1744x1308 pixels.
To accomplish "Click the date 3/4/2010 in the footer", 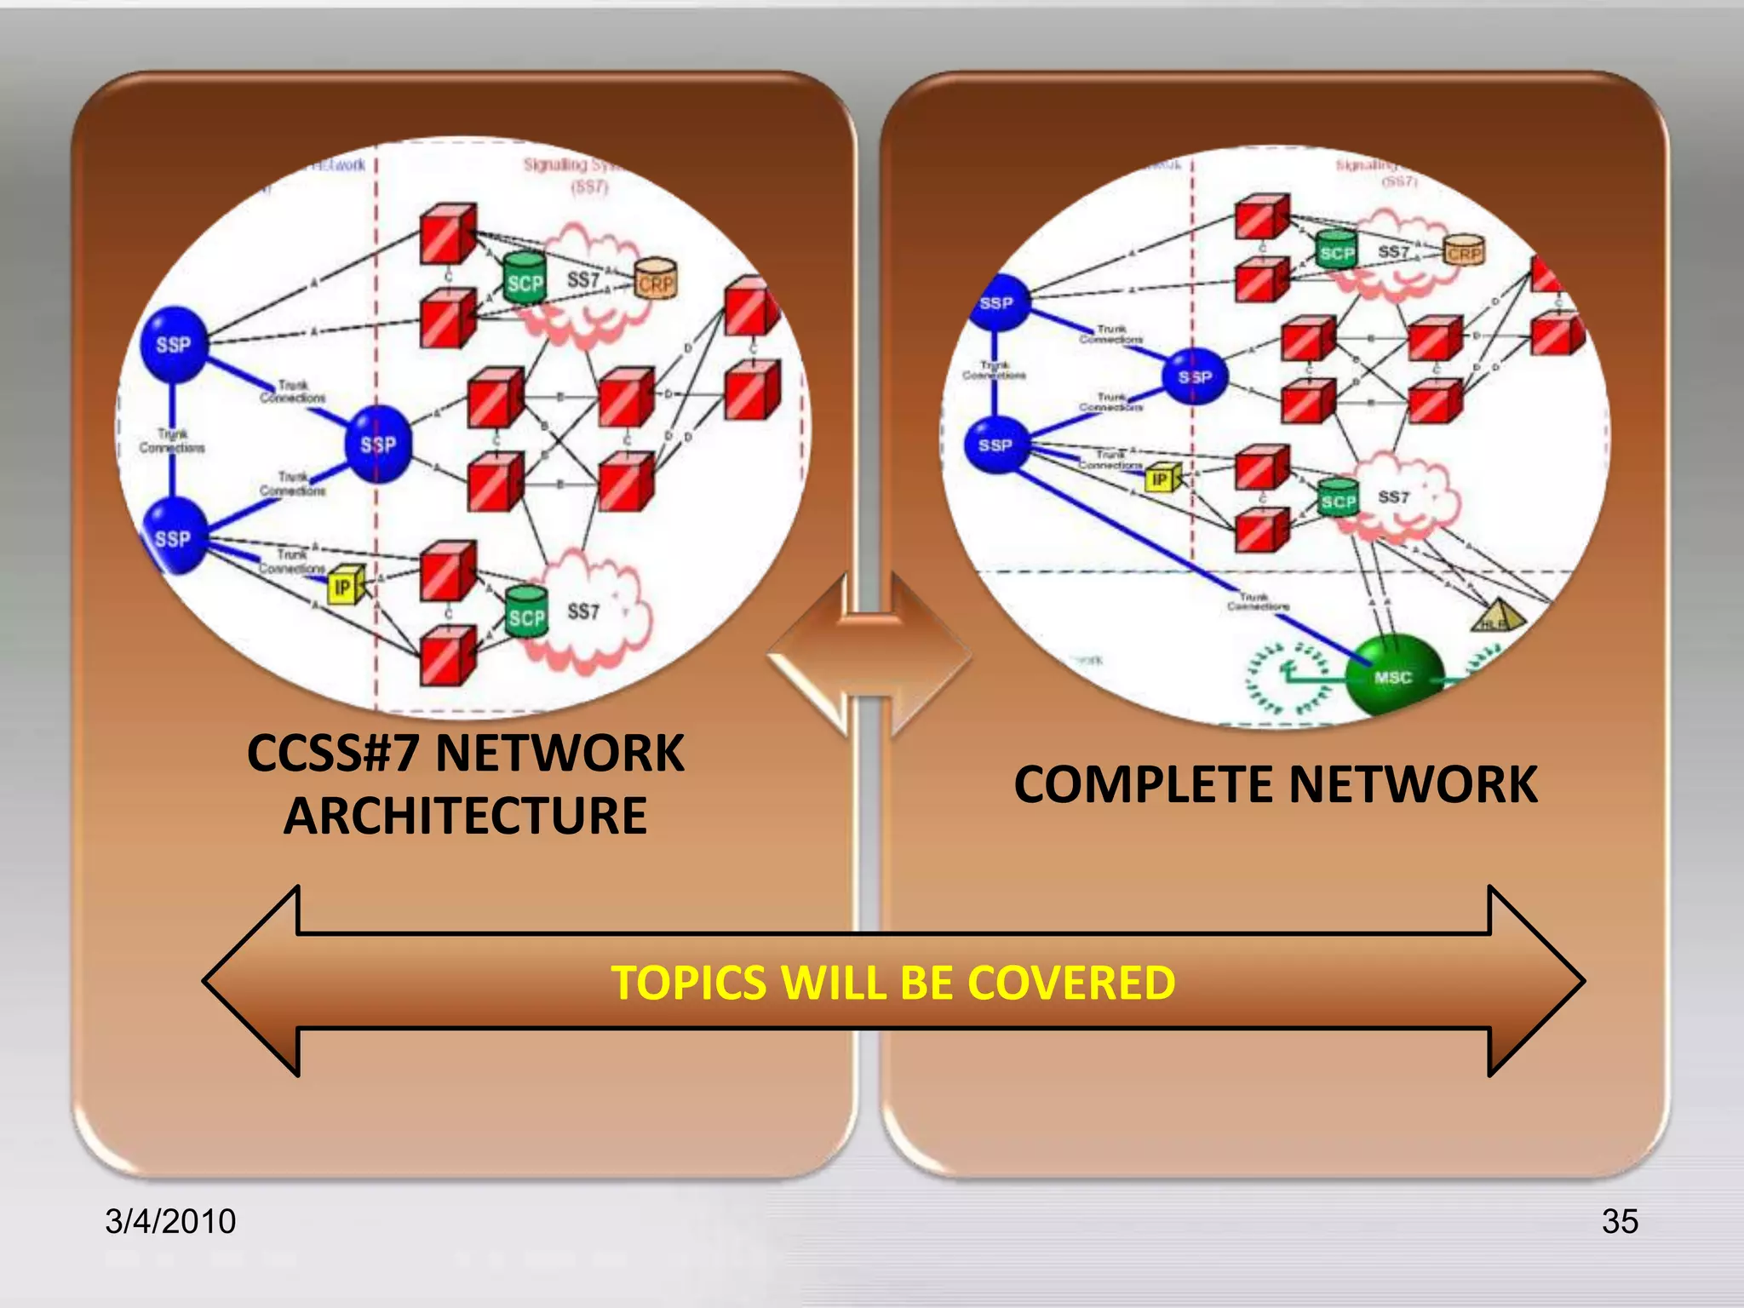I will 170,1221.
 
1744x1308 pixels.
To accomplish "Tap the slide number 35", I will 1620,1221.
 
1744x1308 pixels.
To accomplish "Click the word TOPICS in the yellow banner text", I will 689,983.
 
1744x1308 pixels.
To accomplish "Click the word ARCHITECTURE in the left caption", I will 465,816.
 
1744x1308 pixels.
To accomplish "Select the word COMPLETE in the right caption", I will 1144,784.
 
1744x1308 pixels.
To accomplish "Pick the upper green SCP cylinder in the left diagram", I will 525,278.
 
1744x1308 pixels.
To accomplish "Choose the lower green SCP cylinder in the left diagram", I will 526,613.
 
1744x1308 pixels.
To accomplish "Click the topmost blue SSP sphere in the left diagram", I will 175,344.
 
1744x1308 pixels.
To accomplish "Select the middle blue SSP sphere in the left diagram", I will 378,444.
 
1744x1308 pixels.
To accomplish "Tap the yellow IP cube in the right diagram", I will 1162,479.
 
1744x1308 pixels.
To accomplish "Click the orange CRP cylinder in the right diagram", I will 1464,250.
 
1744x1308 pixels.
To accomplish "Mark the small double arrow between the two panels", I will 869,656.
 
